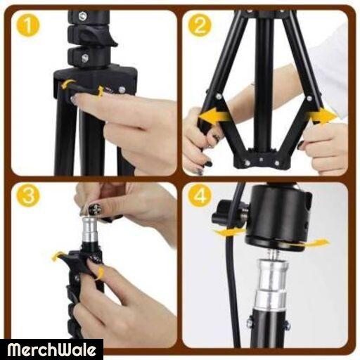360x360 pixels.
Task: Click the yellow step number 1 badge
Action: tap(28, 25)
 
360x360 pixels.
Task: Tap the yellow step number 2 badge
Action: tap(200, 25)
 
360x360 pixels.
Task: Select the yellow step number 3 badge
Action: tap(28, 195)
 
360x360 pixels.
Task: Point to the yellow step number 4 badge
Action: tap(200, 195)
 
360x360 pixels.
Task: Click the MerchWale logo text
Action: tap(51, 349)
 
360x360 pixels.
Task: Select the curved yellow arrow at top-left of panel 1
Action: tap(67, 84)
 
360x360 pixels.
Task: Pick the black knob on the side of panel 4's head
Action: tap(221, 217)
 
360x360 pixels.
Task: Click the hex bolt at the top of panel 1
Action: tap(82, 16)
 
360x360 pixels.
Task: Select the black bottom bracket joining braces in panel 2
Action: tap(262, 160)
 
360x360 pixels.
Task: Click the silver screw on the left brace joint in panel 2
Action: tap(219, 96)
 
